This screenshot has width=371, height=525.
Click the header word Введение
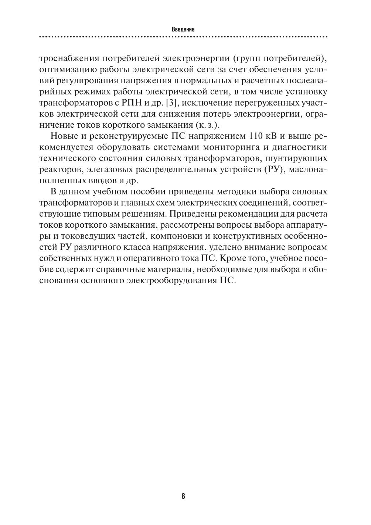click(x=183, y=29)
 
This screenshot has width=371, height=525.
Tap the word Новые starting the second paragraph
click(x=63, y=136)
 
